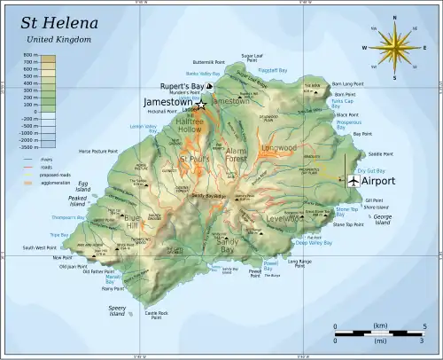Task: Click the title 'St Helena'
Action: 59,22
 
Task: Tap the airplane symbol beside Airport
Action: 354,180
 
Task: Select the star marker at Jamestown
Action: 201,104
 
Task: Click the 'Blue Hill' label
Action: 132,221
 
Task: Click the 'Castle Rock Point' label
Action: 156,315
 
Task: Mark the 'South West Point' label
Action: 40,247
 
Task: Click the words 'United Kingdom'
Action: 53,40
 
